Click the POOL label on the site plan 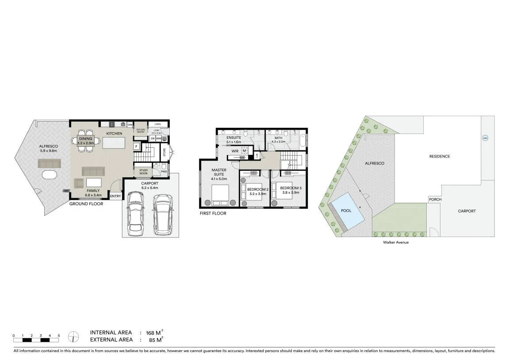pyautogui.click(x=346, y=211)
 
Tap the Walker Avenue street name pyautogui.click(x=396, y=242)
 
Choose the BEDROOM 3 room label pyautogui.click(x=291, y=188)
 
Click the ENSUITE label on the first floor pyautogui.click(x=233, y=138)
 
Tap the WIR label pyautogui.click(x=235, y=151)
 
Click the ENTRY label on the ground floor pyautogui.click(x=115, y=196)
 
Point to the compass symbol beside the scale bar pyautogui.click(x=73, y=337)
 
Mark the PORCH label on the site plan pyautogui.click(x=434, y=199)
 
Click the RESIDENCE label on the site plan pyautogui.click(x=440, y=156)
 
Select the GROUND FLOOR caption pyautogui.click(x=86, y=204)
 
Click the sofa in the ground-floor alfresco pyautogui.click(x=49, y=164)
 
